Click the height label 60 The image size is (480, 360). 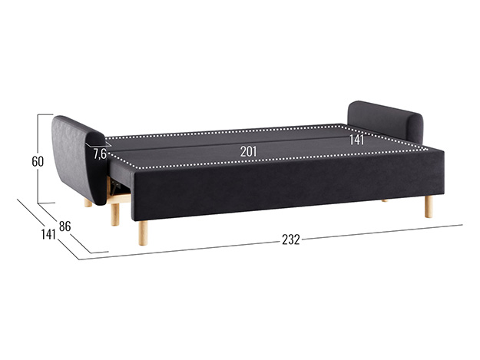(38, 161)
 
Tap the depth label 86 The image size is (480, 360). (65, 226)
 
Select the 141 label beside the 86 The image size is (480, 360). (48, 234)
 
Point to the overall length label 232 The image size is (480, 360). (291, 239)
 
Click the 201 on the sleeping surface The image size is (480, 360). (248, 151)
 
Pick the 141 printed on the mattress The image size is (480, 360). (356, 140)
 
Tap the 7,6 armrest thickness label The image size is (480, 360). (100, 154)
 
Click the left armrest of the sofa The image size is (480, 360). (79, 159)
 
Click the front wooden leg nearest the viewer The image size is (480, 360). (143, 233)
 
